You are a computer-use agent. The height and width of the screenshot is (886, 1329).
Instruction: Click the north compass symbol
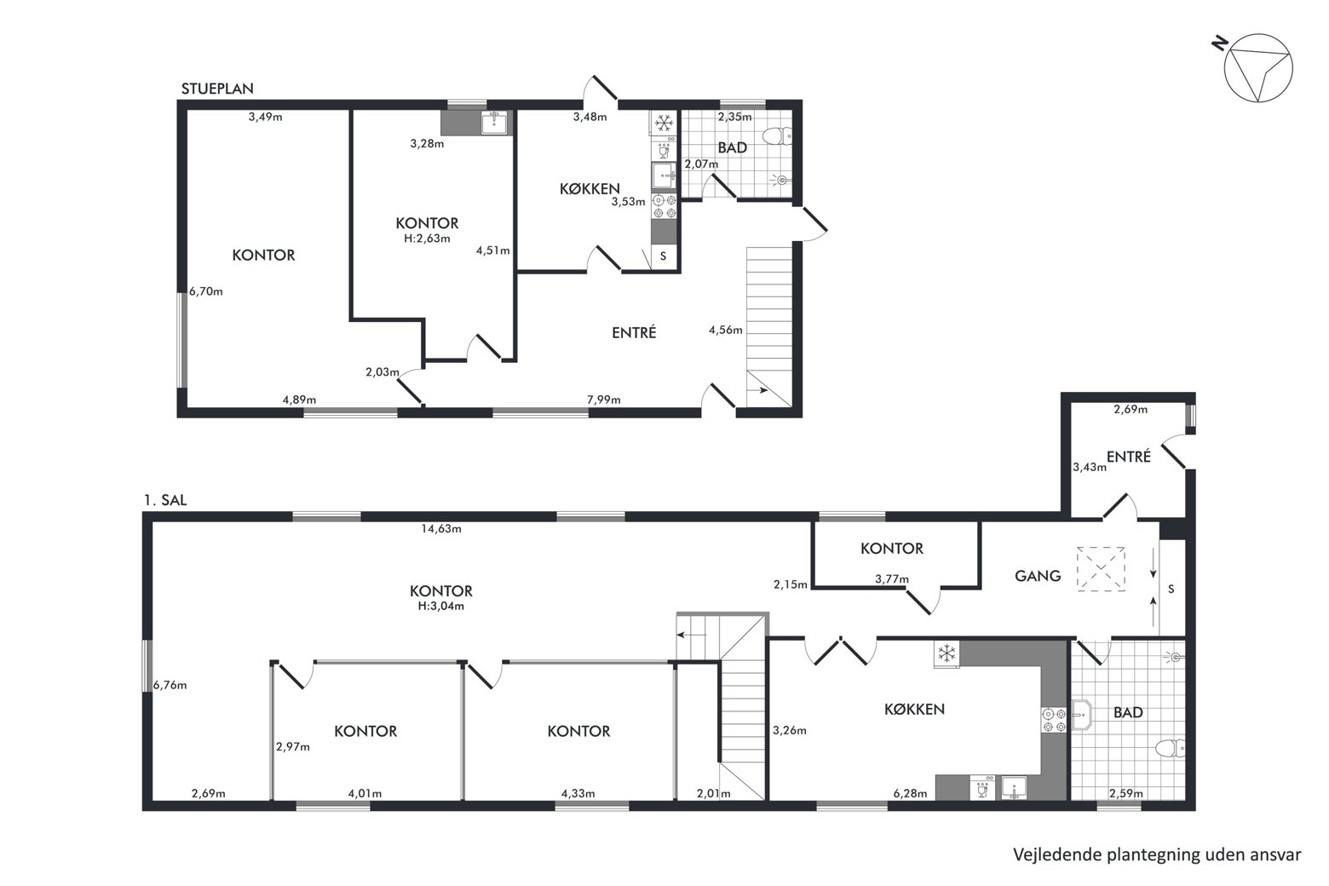[1257, 67]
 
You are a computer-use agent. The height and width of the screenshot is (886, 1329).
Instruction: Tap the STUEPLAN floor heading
[217, 89]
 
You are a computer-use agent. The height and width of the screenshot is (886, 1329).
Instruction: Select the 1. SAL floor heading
[165, 500]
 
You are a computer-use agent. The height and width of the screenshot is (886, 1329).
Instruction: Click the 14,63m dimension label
[440, 529]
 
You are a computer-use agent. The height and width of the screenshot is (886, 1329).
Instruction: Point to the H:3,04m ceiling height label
[440, 606]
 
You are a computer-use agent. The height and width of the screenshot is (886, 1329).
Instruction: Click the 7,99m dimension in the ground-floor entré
[603, 400]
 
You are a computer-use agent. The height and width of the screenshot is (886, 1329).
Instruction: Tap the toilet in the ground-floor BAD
[777, 137]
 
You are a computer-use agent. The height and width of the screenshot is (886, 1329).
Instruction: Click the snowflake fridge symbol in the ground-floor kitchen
[664, 124]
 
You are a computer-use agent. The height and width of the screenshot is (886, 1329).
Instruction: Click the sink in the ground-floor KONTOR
[493, 123]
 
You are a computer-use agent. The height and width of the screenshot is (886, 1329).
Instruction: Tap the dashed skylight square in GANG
[1102, 569]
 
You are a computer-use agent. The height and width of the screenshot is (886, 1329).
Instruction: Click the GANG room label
[1038, 576]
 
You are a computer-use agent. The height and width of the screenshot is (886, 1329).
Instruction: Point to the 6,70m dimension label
[206, 291]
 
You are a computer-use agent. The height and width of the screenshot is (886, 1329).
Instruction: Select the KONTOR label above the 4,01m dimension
[365, 731]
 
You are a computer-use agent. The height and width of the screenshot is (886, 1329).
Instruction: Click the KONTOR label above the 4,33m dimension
[578, 731]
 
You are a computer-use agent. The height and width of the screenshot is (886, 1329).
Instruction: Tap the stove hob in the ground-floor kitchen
[664, 206]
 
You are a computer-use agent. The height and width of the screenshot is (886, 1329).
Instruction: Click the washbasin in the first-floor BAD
[1082, 715]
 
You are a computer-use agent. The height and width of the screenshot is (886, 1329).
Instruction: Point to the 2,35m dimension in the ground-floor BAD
[734, 117]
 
